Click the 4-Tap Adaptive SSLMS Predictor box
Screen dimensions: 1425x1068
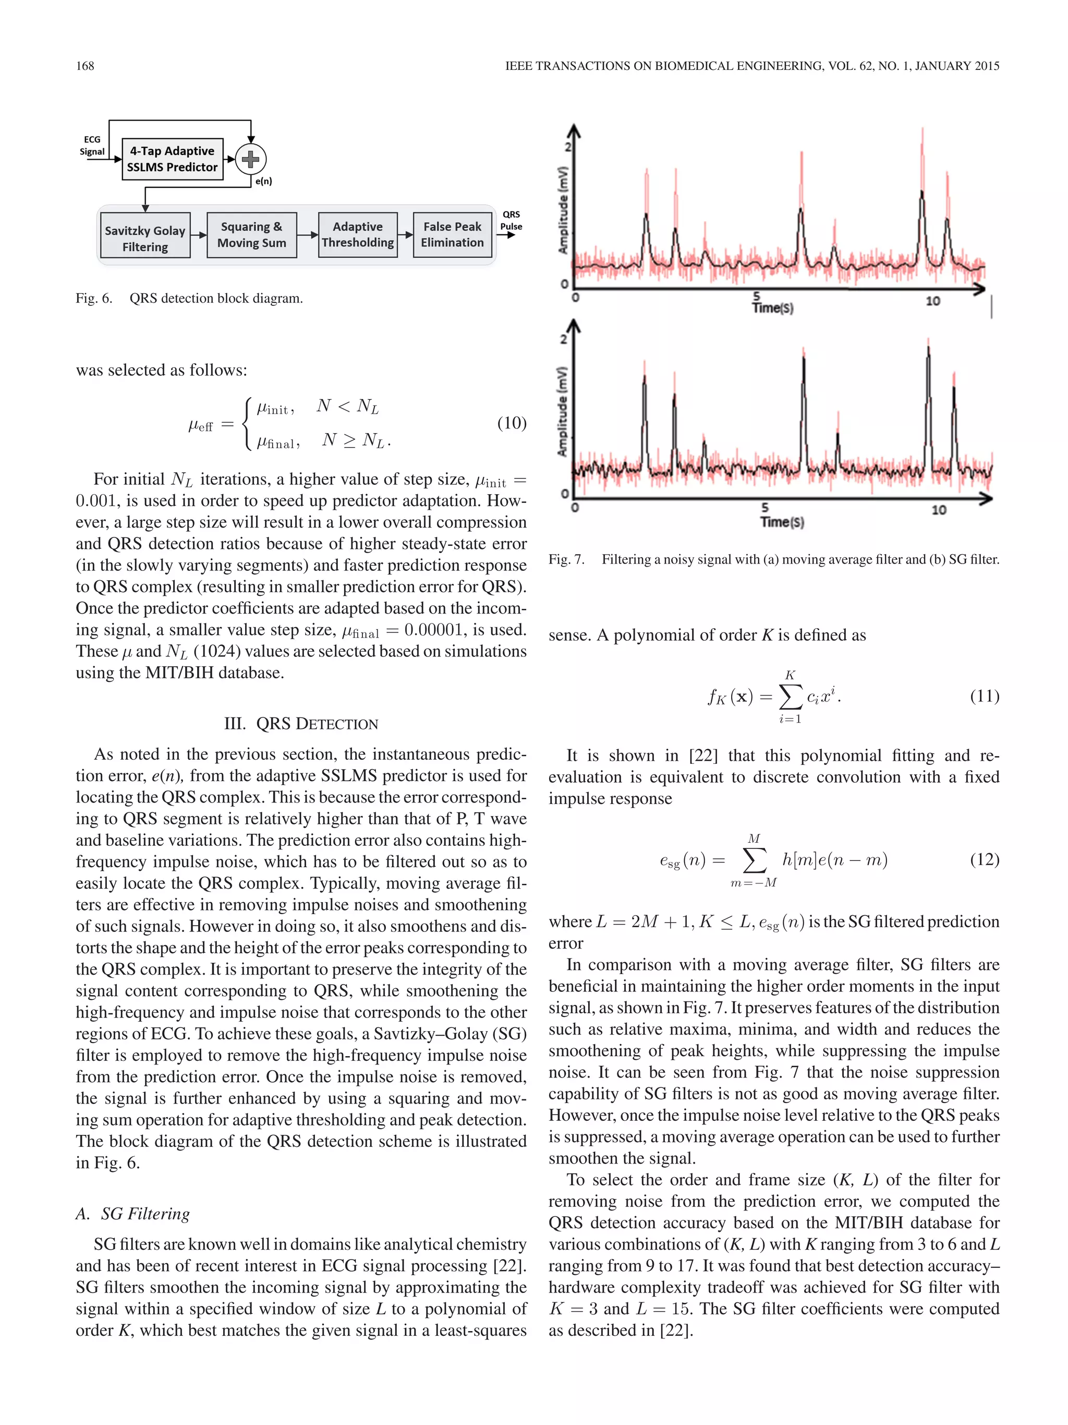coord(172,159)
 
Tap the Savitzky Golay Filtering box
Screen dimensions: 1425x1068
coord(145,238)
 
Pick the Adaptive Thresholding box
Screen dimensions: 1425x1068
coord(357,234)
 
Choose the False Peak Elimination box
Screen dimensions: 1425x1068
coord(452,234)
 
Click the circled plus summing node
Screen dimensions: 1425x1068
coord(250,159)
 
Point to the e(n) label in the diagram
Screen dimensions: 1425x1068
coord(263,181)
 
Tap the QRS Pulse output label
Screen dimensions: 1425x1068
coord(511,220)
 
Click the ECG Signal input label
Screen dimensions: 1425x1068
coord(92,146)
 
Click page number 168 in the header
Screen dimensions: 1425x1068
coord(85,66)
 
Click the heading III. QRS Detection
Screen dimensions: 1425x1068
coord(301,723)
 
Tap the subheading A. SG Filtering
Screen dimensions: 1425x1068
coord(132,1214)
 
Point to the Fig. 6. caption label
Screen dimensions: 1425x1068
coord(94,298)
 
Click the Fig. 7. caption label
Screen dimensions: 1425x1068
coord(566,559)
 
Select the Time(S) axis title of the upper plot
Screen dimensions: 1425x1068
coord(772,308)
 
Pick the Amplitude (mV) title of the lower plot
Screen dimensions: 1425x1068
coord(563,411)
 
